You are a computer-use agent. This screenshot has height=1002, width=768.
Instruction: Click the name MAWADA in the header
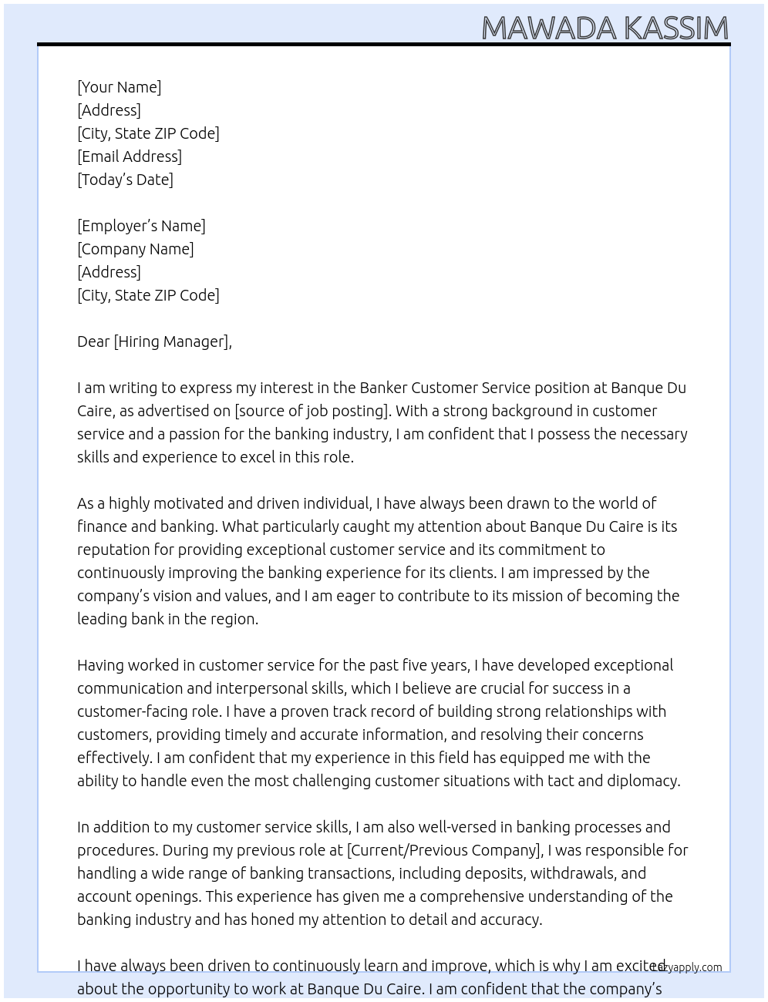tap(549, 29)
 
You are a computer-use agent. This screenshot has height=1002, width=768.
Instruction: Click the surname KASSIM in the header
tap(675, 29)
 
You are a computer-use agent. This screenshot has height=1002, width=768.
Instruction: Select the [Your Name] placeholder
tap(120, 87)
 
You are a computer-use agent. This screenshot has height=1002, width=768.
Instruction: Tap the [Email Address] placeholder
tap(130, 156)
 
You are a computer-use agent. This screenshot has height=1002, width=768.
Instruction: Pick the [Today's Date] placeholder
tap(125, 180)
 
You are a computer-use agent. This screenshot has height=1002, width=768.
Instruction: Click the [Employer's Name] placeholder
tap(141, 226)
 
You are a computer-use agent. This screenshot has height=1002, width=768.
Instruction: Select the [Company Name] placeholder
tap(136, 249)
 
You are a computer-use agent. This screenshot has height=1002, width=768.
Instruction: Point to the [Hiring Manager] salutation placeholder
tap(172, 341)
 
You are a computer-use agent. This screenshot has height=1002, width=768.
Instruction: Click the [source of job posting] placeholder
tap(312, 411)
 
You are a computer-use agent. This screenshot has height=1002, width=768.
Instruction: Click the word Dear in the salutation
tap(93, 341)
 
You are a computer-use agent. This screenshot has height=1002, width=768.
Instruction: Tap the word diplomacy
tap(644, 781)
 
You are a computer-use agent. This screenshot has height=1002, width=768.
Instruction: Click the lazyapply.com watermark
tap(687, 967)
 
